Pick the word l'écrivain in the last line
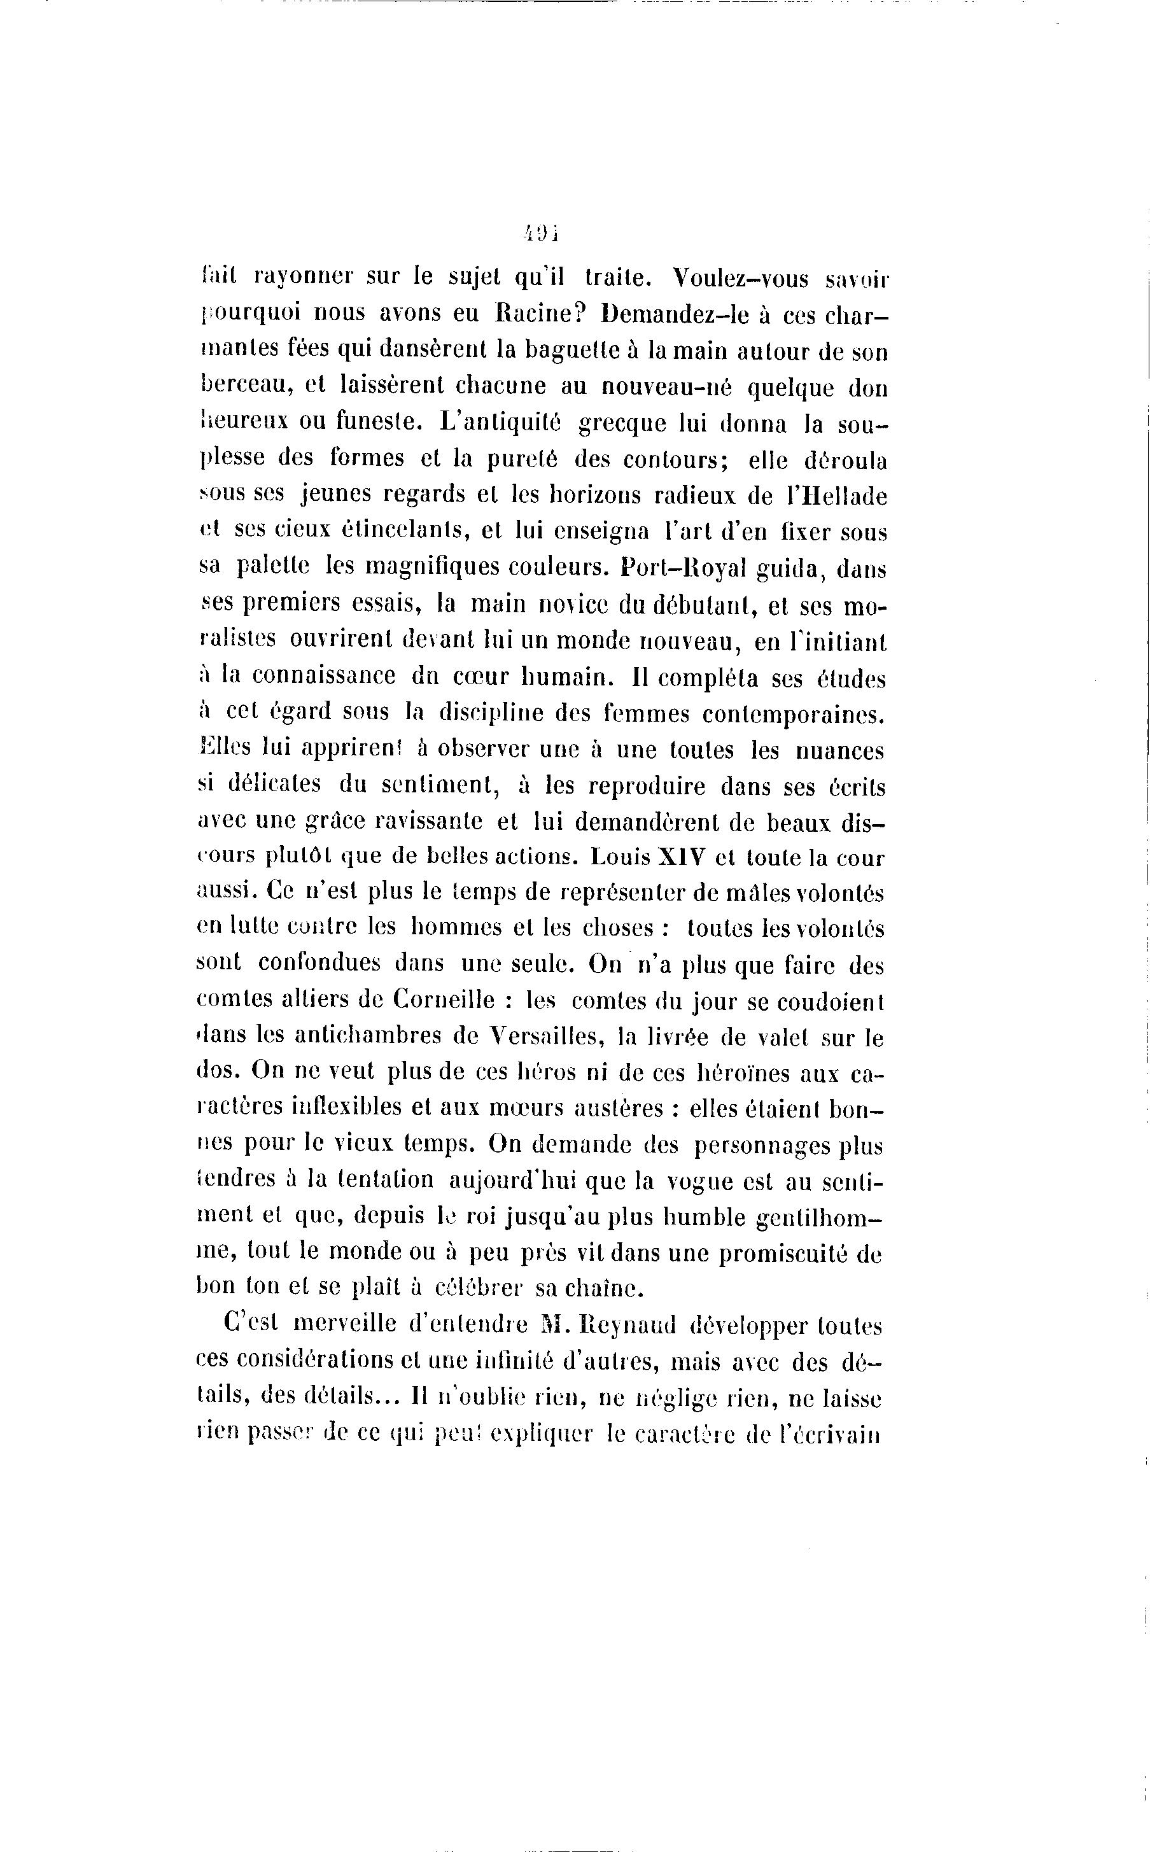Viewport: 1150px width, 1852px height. (x=830, y=1435)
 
